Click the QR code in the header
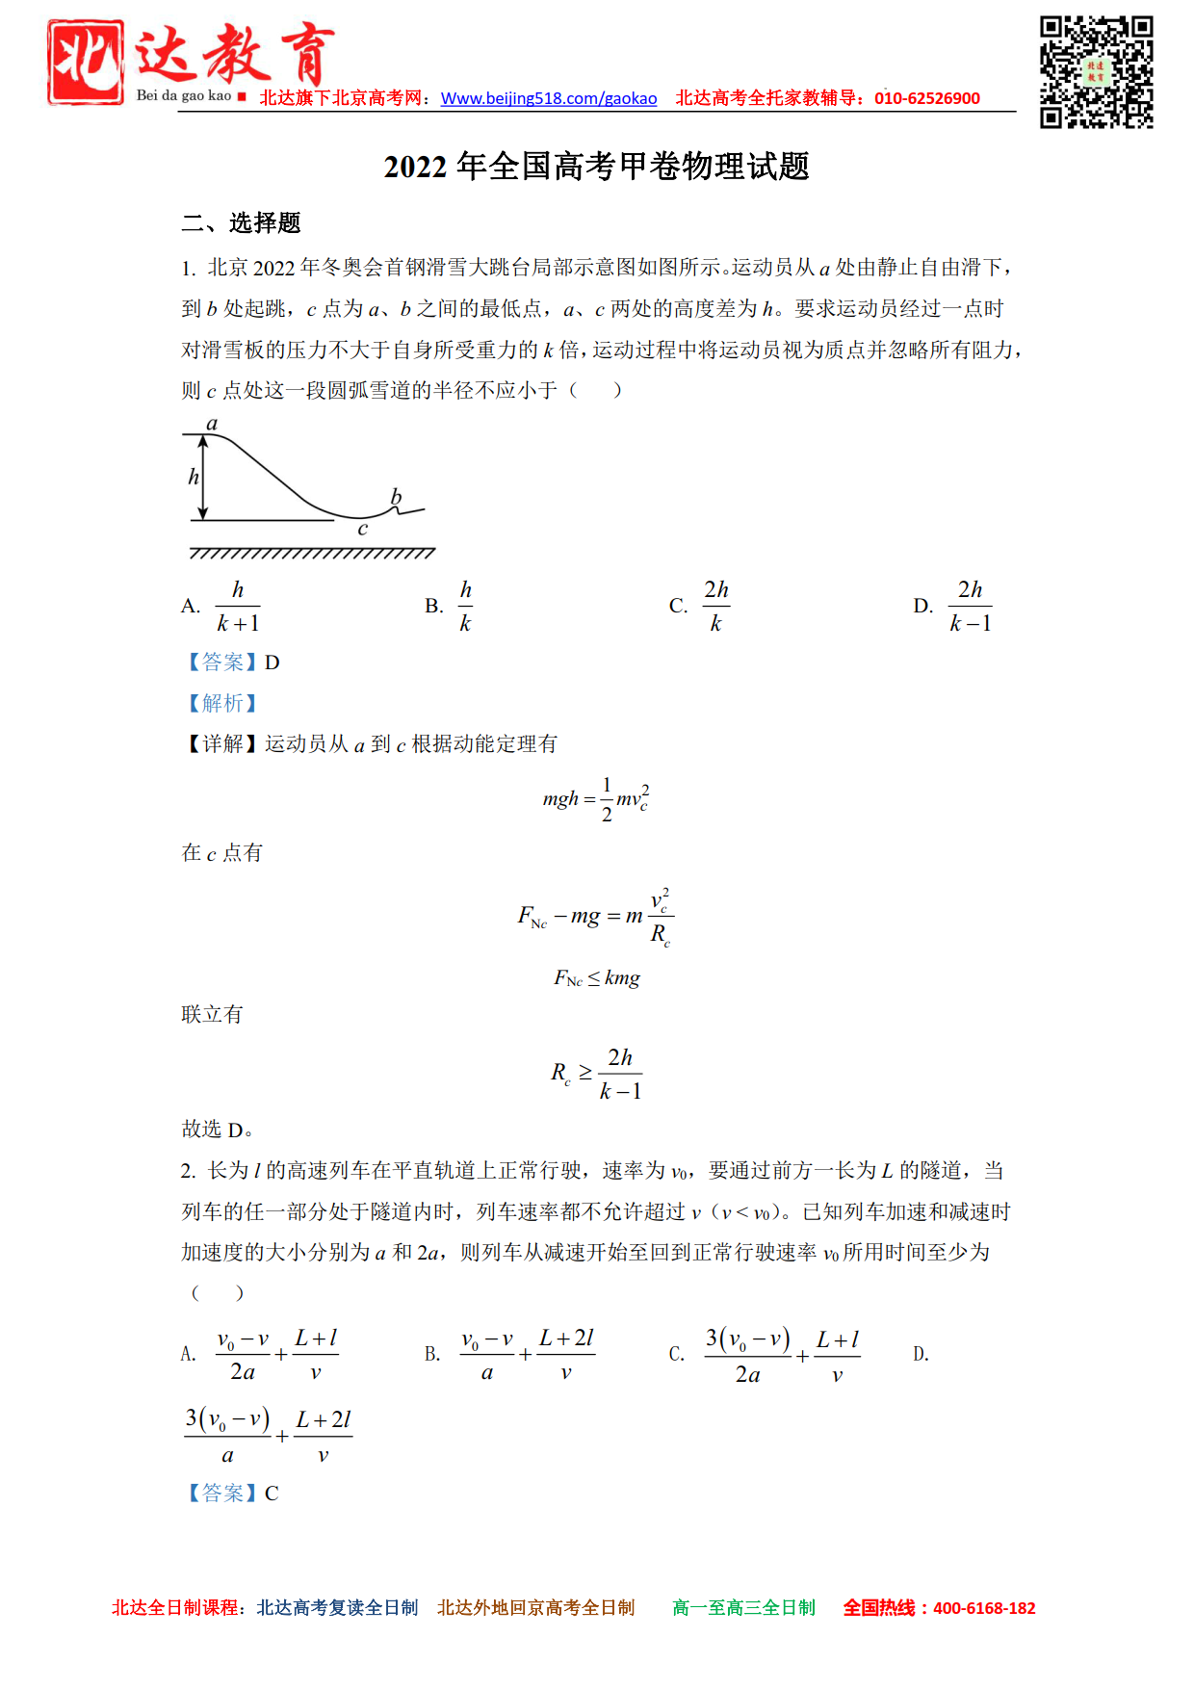(1096, 72)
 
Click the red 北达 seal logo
(86, 63)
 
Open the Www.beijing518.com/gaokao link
(548, 98)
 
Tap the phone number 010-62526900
(926, 98)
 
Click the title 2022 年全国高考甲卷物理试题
(596, 167)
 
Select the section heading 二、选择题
(241, 223)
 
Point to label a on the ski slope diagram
(212, 424)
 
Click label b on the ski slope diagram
(396, 496)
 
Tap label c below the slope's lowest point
(362, 529)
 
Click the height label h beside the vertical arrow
(194, 477)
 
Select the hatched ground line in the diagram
(312, 554)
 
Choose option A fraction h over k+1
(238, 607)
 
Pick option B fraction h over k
(465, 607)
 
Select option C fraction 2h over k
(716, 607)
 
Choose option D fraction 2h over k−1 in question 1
(970, 607)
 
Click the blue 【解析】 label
(222, 703)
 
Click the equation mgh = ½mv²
(596, 799)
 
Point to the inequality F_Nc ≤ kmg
(596, 978)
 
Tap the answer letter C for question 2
(272, 1494)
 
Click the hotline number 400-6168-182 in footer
(983, 1608)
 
